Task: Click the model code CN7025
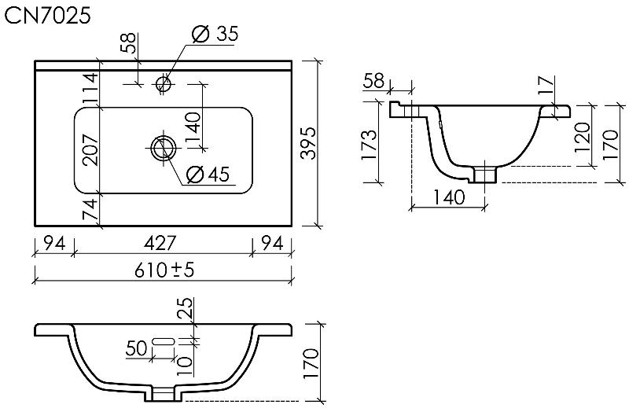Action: [47, 16]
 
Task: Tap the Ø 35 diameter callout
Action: [215, 34]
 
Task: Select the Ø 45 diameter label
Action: [208, 174]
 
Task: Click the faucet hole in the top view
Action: [164, 84]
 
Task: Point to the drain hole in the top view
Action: [164, 148]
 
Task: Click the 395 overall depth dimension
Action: [309, 143]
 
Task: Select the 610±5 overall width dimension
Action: [164, 270]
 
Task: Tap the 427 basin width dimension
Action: [160, 243]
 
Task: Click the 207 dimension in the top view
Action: [90, 150]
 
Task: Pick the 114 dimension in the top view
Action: [90, 88]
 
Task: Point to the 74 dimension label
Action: [90, 208]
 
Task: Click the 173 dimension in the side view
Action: [370, 145]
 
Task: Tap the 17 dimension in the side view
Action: [546, 86]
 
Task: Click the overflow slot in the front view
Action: [164, 341]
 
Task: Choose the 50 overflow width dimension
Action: [136, 348]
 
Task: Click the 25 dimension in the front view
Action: [186, 308]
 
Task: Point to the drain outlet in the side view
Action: [486, 175]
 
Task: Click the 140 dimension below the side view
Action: [449, 197]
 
